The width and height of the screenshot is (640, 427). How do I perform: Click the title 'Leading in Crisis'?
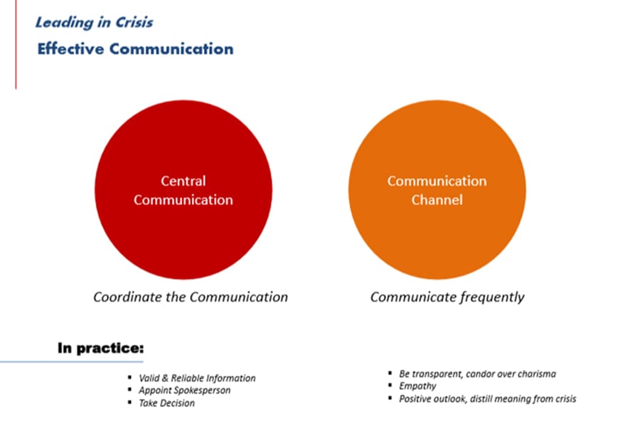(x=95, y=22)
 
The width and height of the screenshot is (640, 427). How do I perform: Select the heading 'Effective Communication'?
(x=136, y=48)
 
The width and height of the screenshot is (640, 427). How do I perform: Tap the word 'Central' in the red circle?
(x=183, y=181)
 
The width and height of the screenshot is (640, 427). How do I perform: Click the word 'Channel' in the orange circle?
(x=437, y=199)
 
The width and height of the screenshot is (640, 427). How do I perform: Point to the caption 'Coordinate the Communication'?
(x=191, y=297)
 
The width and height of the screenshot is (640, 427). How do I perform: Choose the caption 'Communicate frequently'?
(x=447, y=297)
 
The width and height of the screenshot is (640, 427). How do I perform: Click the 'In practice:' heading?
(x=101, y=348)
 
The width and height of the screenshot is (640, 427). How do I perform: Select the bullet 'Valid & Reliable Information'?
(x=197, y=378)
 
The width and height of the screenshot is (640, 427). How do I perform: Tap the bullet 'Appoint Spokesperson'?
(x=184, y=390)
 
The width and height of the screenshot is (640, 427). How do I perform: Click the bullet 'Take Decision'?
(x=166, y=403)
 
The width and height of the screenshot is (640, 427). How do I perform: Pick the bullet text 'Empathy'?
(x=417, y=386)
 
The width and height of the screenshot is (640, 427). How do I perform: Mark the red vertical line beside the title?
(x=16, y=44)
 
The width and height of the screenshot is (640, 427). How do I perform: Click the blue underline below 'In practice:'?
(x=71, y=362)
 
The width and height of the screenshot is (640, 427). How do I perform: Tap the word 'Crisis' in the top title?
(x=134, y=22)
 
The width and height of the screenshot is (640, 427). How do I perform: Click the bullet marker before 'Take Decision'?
(x=130, y=403)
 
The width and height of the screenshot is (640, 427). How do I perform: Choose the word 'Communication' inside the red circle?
(x=183, y=199)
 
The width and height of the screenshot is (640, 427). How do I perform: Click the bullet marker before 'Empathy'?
(x=390, y=385)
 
